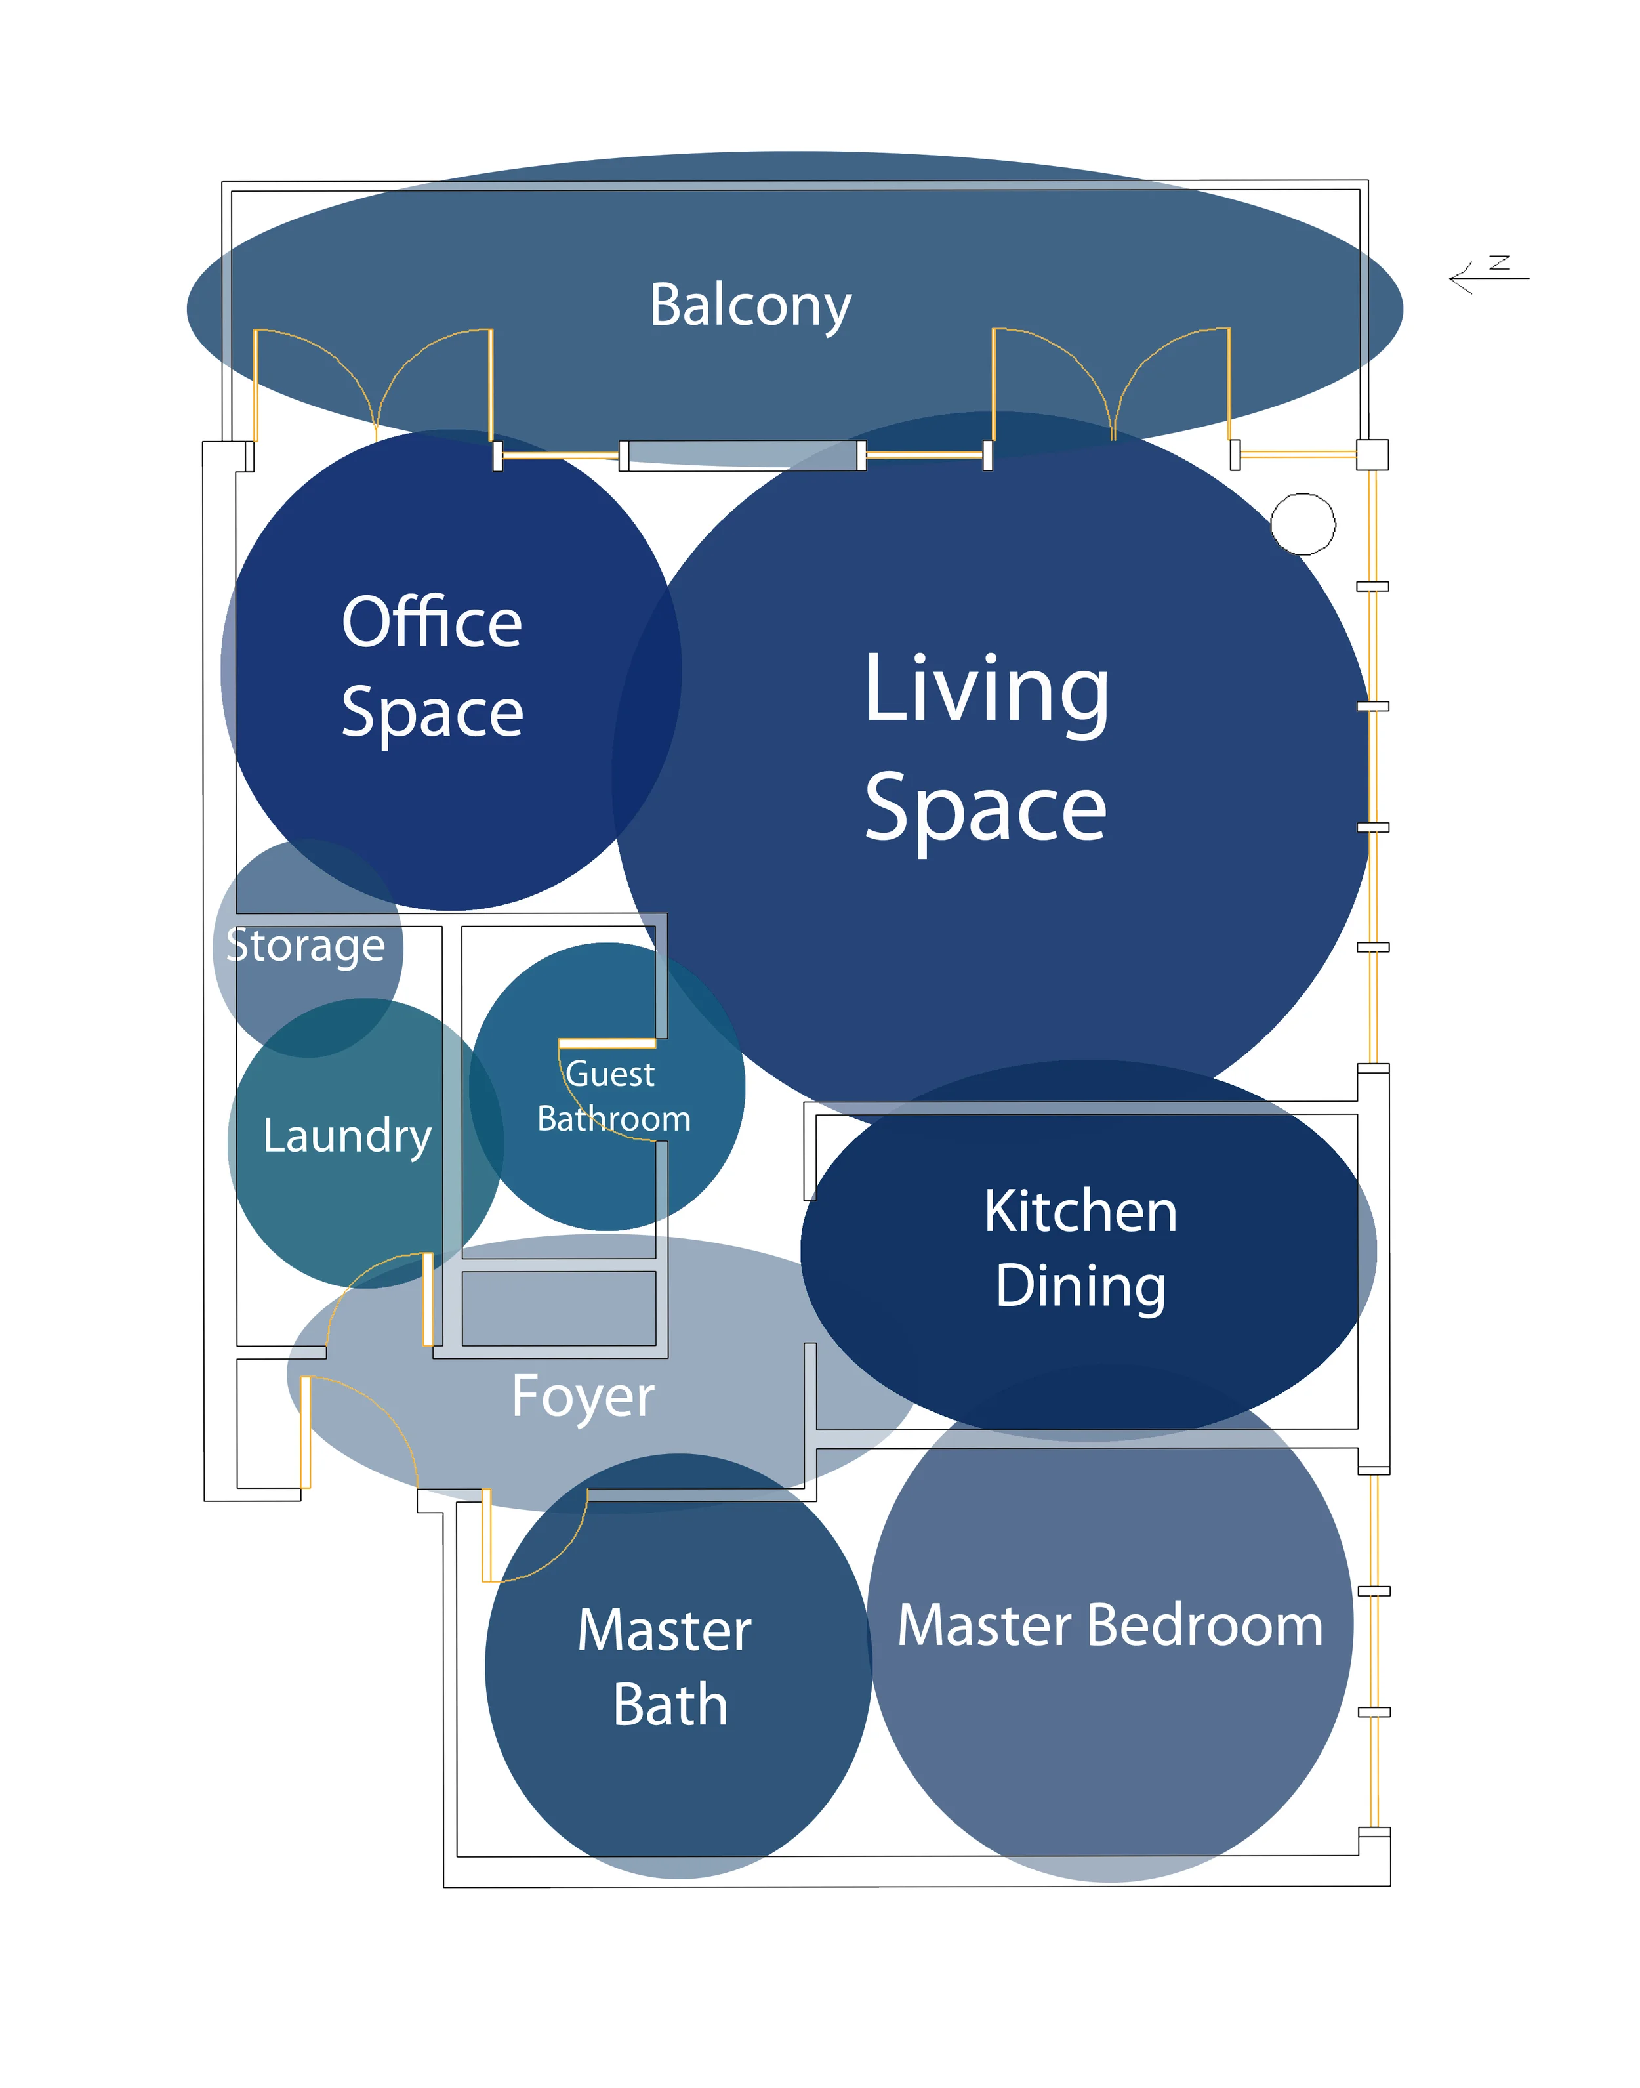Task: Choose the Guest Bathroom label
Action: pos(613,1096)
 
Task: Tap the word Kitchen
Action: pos(1080,1211)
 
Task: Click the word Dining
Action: pos(1080,1286)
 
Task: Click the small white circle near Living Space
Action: pos(1302,524)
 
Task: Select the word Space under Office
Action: pos(432,714)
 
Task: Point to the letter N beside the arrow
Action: pos(1500,262)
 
